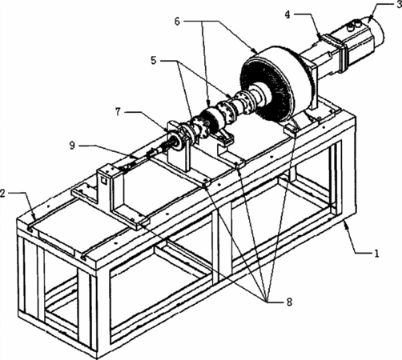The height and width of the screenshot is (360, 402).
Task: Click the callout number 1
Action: [376, 253]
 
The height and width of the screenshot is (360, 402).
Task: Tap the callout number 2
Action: [2, 193]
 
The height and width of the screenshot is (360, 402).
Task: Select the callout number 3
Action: [400, 5]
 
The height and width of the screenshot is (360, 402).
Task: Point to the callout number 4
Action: [287, 15]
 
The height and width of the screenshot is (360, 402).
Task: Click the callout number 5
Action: [154, 61]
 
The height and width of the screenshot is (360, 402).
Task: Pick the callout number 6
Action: [178, 21]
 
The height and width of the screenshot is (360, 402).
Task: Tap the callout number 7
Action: [118, 112]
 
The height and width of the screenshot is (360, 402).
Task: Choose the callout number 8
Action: [289, 302]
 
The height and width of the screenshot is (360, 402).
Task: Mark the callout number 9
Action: [72, 146]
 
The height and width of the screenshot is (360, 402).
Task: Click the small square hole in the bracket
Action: [103, 181]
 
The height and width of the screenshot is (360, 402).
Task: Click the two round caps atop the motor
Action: [354, 26]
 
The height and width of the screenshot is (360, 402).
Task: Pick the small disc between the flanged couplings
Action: [211, 118]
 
